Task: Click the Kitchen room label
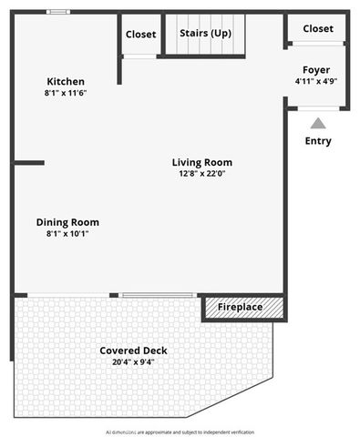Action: (x=65, y=81)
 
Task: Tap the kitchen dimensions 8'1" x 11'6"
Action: (x=65, y=93)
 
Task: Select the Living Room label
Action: (x=197, y=163)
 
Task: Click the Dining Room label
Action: (x=67, y=222)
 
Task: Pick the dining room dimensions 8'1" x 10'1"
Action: (x=67, y=233)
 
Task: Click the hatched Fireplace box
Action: (x=242, y=308)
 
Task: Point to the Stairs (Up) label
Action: (x=204, y=34)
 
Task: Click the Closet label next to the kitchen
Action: (x=141, y=35)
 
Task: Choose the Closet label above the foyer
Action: (x=317, y=29)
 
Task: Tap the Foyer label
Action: (x=316, y=70)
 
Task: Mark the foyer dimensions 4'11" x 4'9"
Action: (x=316, y=81)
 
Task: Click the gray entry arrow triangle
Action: (x=317, y=123)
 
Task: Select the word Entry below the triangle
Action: (x=318, y=141)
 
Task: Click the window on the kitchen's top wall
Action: (x=58, y=12)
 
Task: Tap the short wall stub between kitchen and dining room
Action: (x=28, y=163)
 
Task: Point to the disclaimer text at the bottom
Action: (x=180, y=432)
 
